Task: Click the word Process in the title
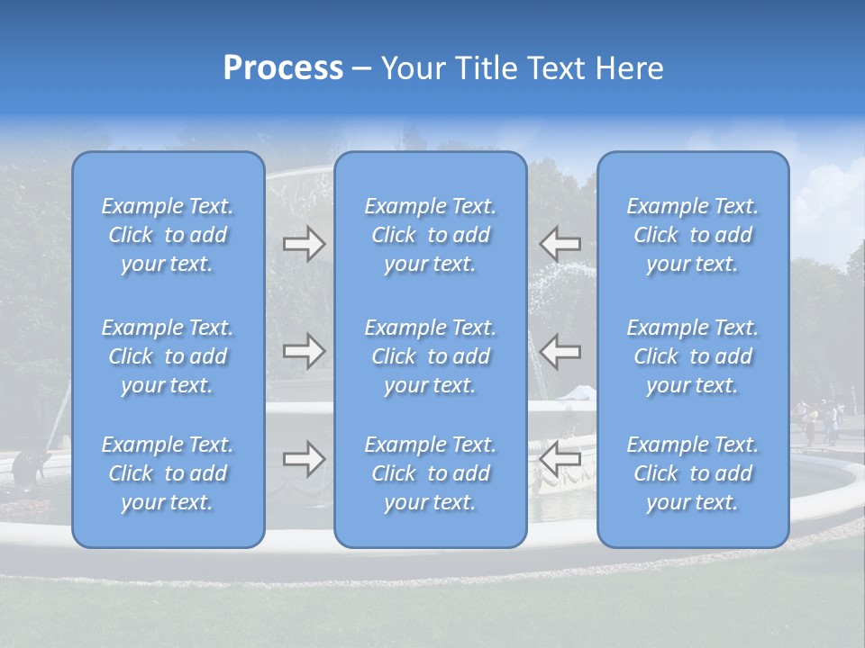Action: pos(283,68)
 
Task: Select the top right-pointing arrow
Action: pos(304,244)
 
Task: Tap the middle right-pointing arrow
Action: pos(304,351)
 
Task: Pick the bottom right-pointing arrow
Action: pos(304,459)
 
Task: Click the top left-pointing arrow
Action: pos(560,244)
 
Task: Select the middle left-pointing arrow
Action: pos(560,351)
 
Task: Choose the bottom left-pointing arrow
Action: pos(560,459)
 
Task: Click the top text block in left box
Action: pos(168,235)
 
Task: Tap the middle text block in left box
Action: pos(168,356)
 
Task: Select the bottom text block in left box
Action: pos(168,473)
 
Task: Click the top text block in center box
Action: pos(431,235)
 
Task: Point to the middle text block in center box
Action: pos(431,356)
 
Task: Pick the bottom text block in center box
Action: pos(431,473)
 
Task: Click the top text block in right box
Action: pos(693,235)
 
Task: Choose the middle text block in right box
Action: pos(693,356)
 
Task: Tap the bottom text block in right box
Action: pos(693,473)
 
